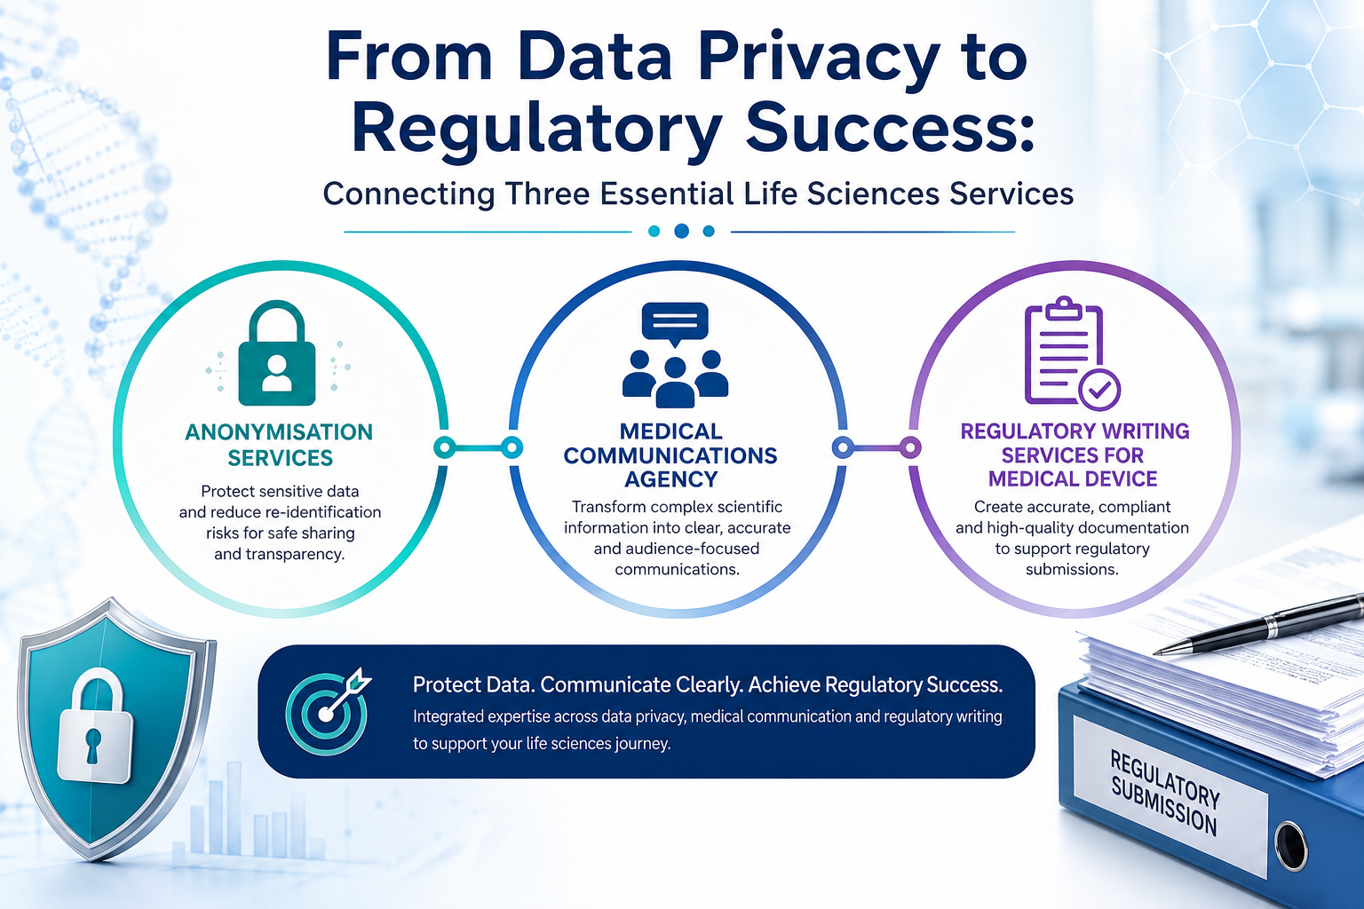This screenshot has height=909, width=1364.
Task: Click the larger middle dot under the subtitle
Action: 681,231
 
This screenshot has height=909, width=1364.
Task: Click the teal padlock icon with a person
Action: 277,352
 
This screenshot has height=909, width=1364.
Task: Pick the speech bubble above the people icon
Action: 675,323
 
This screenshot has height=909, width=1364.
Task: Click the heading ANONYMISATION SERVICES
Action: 279,445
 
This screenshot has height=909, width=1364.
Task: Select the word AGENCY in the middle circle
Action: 671,479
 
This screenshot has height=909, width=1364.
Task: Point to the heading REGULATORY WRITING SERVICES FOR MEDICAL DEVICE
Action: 1075,454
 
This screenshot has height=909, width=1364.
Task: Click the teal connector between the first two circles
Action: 478,448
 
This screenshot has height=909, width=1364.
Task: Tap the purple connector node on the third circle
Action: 910,447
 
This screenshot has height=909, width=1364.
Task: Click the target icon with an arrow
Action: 328,711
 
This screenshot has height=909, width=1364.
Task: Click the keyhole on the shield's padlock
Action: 92,745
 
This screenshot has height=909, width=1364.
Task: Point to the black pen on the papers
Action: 1258,626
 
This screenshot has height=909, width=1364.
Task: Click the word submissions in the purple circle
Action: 1072,570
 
